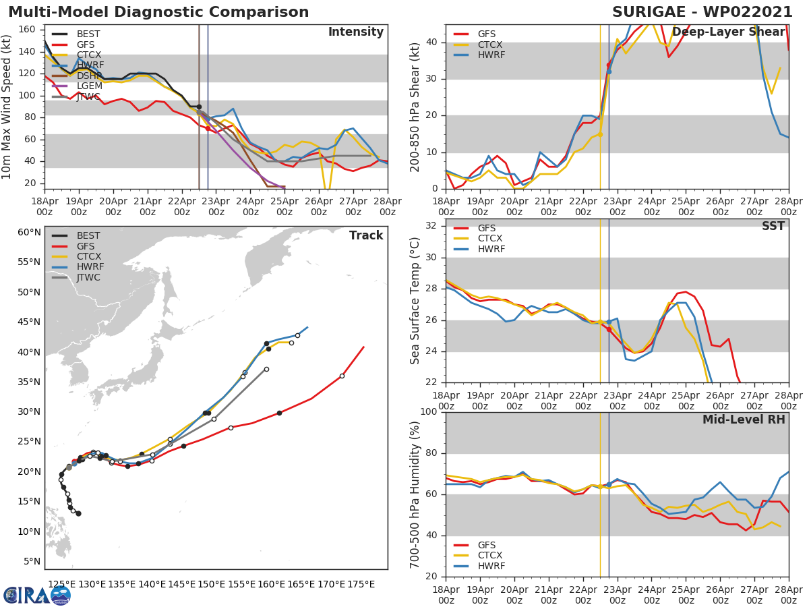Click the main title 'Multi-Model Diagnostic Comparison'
[x=158, y=12]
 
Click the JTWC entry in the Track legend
[x=88, y=277]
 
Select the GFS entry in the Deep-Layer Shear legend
[x=486, y=34]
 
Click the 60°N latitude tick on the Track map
[x=29, y=232]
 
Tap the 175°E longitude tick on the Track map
[x=361, y=584]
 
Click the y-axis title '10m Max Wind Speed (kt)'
[x=7, y=107]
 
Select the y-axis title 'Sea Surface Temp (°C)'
[x=415, y=301]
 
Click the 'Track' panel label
[x=365, y=235]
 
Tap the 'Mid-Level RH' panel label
[x=743, y=420]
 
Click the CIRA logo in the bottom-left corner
[x=37, y=595]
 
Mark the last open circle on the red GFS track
[x=342, y=376]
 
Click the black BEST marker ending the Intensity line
[x=199, y=107]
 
